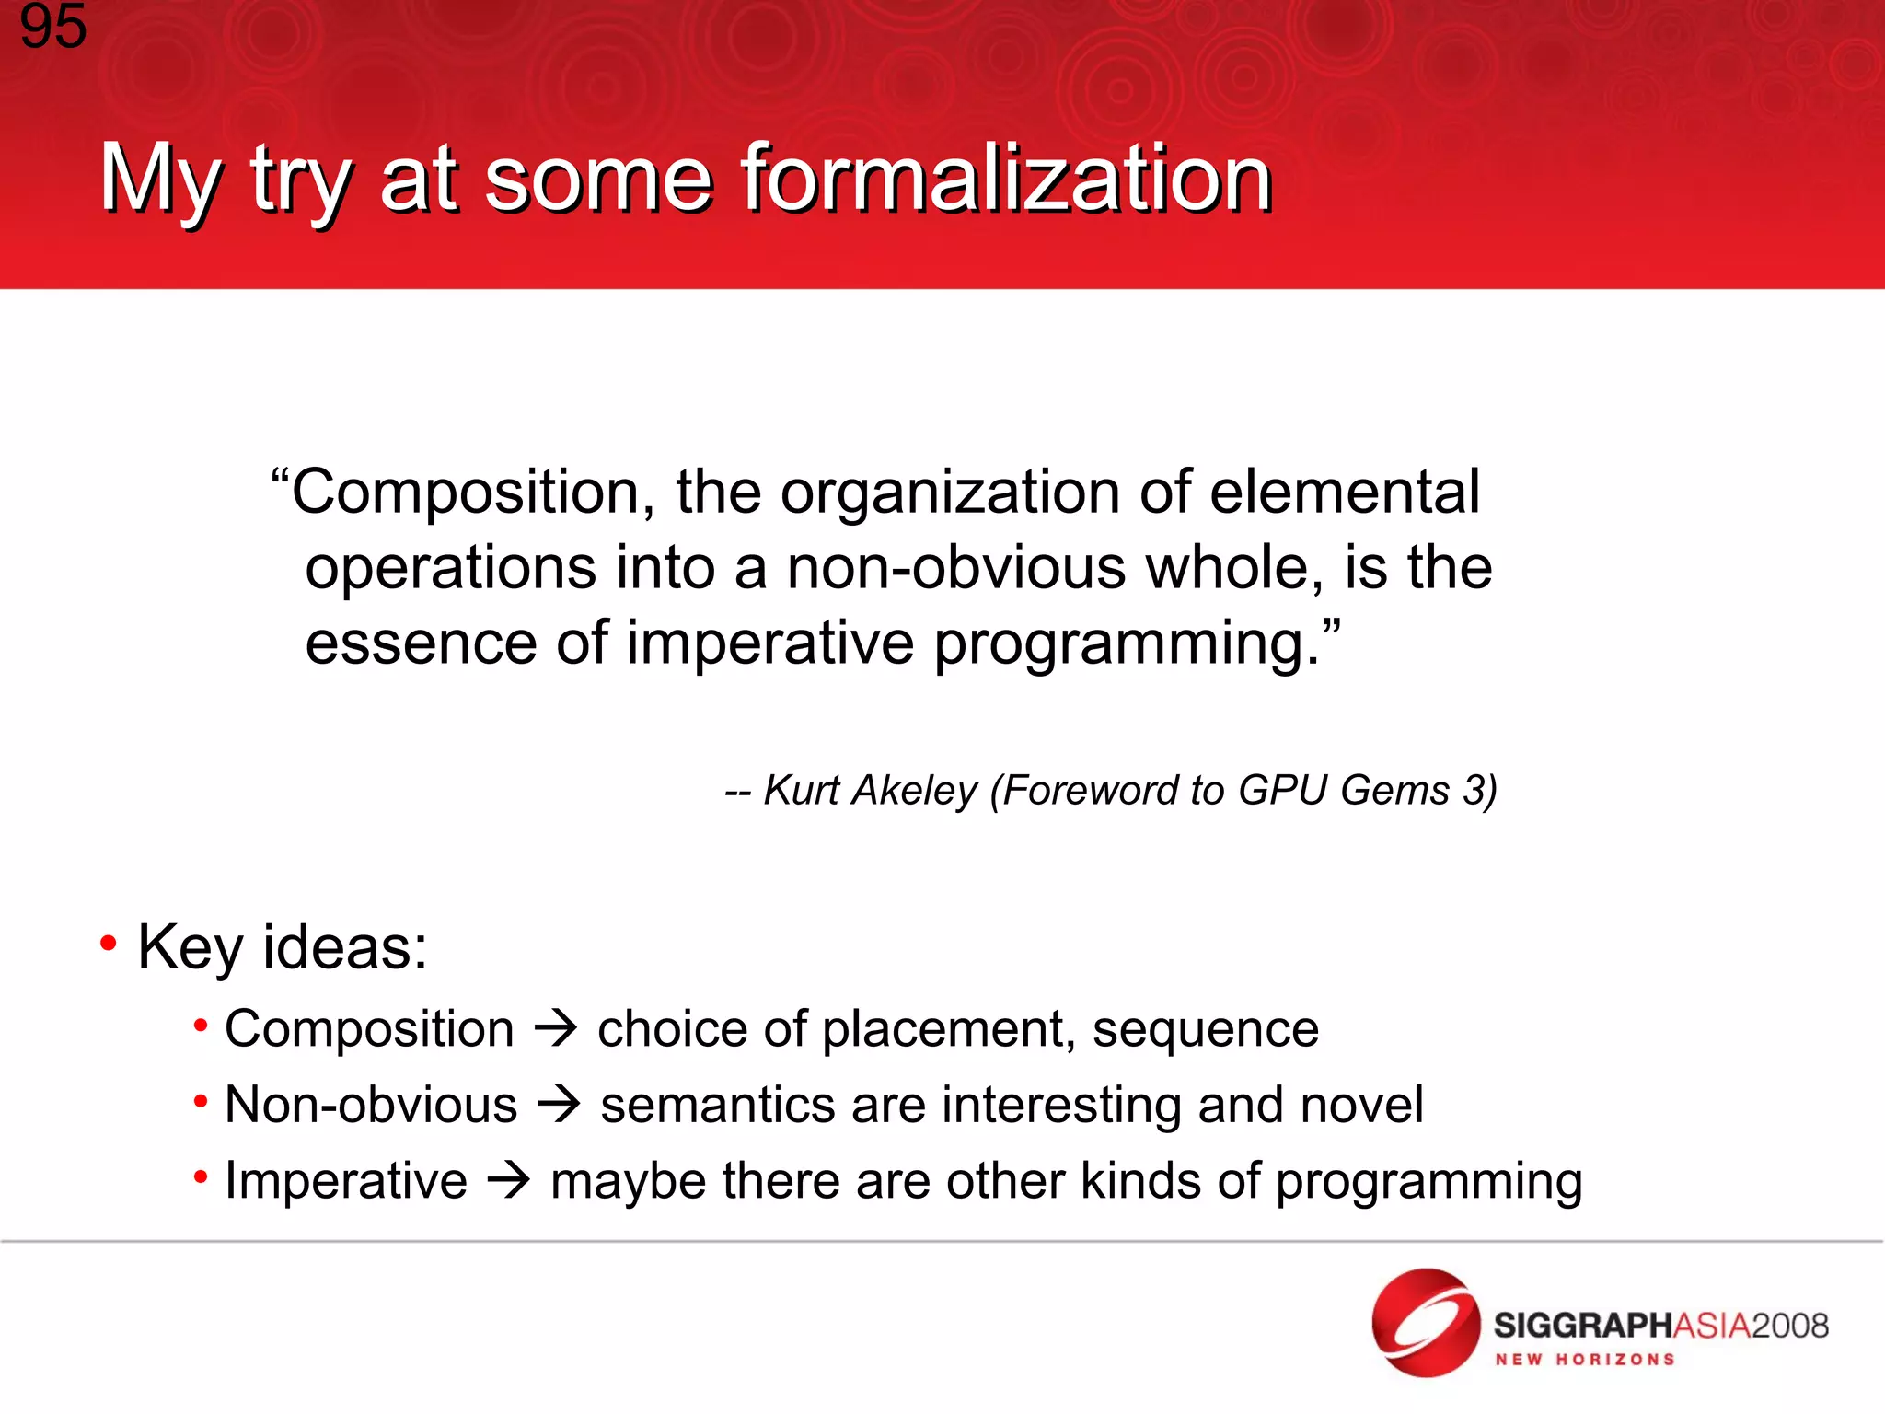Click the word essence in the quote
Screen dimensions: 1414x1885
tap(421, 643)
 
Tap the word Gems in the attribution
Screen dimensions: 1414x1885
tap(1394, 791)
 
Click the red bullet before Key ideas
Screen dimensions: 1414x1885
tap(109, 943)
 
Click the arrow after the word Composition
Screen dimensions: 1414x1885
tap(556, 1028)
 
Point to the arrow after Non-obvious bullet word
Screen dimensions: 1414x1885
tap(559, 1104)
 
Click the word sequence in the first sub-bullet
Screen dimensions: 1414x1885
tap(1205, 1029)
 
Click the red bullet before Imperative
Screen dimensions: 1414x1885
tap(201, 1176)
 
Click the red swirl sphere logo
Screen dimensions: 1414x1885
tap(1424, 1324)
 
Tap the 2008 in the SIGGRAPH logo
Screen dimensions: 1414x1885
tap(1789, 1327)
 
